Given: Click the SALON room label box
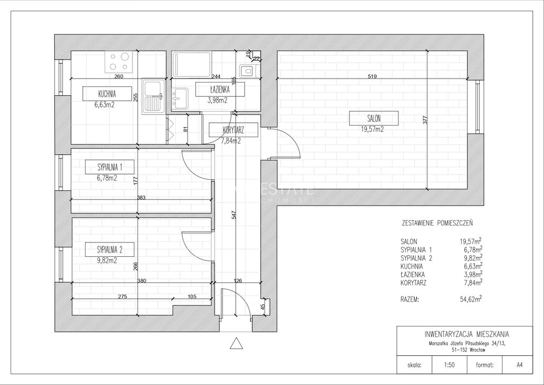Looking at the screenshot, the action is (x=373, y=118).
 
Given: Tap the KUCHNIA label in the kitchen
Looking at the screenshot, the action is (x=107, y=94).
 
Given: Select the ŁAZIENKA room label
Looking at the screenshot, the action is (x=220, y=89).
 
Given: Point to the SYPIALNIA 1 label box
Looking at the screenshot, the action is (x=109, y=168).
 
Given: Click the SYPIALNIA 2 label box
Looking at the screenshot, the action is (x=109, y=249).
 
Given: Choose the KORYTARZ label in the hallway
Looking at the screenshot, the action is (x=234, y=130).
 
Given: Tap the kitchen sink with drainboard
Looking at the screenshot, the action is (x=154, y=96).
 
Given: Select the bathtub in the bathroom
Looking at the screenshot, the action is (x=191, y=64).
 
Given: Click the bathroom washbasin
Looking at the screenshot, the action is (x=180, y=98).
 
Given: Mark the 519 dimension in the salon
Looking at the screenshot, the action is (x=372, y=77).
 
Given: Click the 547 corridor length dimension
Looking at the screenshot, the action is (x=234, y=214).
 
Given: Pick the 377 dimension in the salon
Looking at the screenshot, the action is (x=426, y=120).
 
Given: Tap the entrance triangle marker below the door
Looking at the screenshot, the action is (x=236, y=343).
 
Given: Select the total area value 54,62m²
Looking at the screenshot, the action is (x=471, y=299).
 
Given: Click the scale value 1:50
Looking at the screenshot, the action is (x=449, y=365).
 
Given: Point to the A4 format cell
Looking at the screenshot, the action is (x=520, y=365).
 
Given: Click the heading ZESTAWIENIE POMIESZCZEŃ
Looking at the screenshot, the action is (x=437, y=223).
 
